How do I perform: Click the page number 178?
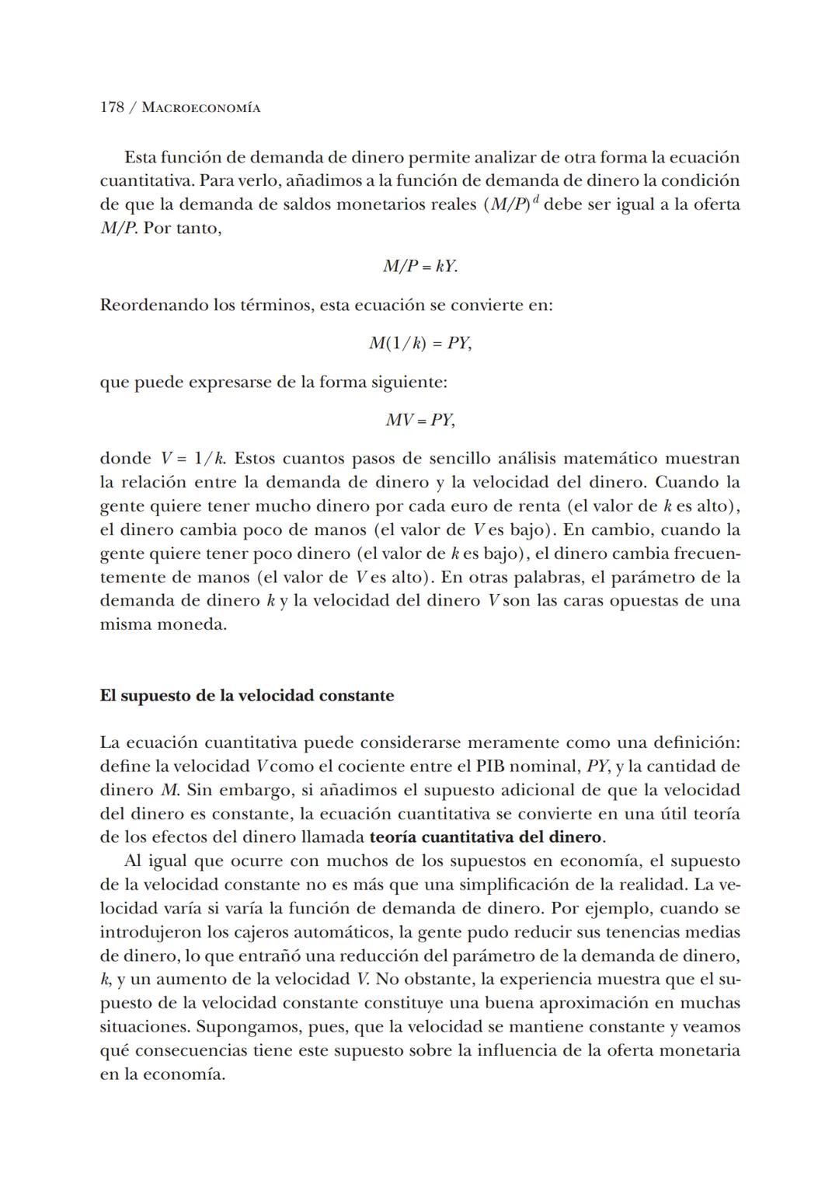coord(112,107)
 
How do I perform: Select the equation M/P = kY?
coord(419,267)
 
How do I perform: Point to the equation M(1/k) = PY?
coord(419,343)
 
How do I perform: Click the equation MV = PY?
coord(419,421)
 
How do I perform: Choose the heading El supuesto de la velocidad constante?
coord(246,695)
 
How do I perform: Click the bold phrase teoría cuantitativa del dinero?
coord(486,837)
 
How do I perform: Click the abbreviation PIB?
coord(489,767)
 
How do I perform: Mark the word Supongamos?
coord(246,1027)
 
